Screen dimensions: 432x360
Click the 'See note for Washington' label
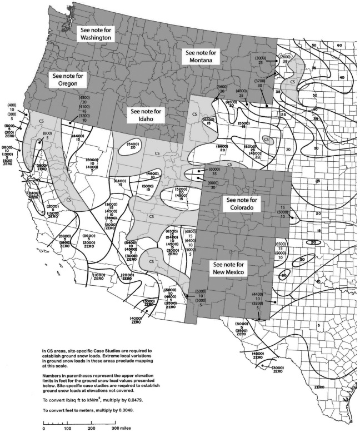(x=96, y=33)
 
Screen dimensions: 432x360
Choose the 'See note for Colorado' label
(x=240, y=203)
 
